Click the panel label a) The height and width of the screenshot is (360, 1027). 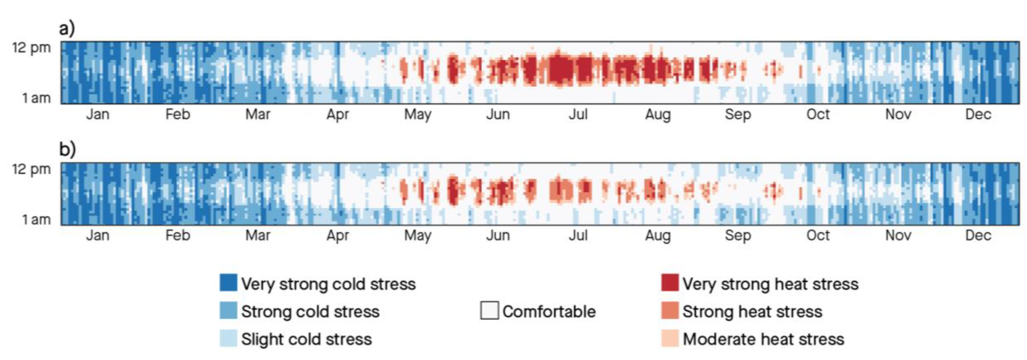pyautogui.click(x=67, y=29)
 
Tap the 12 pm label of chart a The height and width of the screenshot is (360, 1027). pyautogui.click(x=31, y=48)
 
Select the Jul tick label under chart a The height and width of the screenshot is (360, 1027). pyautogui.click(x=578, y=114)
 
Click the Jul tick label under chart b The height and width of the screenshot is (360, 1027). pyautogui.click(x=578, y=235)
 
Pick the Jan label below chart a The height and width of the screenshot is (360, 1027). pyautogui.click(x=98, y=114)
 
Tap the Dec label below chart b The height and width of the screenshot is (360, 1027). pyautogui.click(x=978, y=235)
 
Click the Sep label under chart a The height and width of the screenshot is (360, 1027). pyautogui.click(x=738, y=114)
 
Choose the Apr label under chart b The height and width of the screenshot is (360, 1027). pyautogui.click(x=338, y=235)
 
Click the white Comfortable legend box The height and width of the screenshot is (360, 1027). pyautogui.click(x=489, y=311)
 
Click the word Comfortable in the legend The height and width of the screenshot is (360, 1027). pyautogui.click(x=549, y=311)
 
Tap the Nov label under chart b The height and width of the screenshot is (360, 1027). pyautogui.click(x=898, y=235)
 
